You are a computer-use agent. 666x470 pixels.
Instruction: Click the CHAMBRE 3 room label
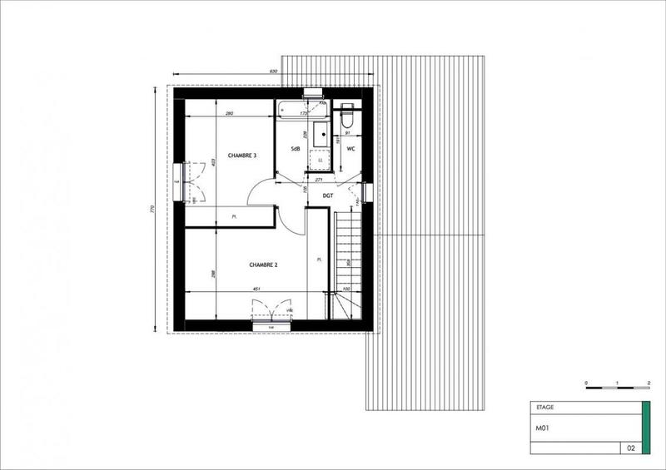[x=221, y=155]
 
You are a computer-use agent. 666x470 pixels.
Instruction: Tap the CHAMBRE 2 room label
[x=263, y=265]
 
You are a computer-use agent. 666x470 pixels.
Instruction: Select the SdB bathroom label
[x=295, y=148]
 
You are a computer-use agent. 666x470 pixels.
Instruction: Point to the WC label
[x=351, y=149]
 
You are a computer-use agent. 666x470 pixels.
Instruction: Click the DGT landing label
[x=328, y=195]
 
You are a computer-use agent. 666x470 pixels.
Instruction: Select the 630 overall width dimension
[x=273, y=72]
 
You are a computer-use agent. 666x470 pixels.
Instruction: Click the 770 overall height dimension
[x=153, y=209]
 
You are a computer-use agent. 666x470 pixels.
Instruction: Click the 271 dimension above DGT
[x=317, y=179]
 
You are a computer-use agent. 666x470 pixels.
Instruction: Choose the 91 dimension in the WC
[x=346, y=132]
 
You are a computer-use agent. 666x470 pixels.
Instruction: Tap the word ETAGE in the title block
[x=543, y=408]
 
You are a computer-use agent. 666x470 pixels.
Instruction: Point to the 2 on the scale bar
[x=648, y=382]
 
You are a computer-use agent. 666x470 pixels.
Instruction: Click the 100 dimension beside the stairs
[x=345, y=289]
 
